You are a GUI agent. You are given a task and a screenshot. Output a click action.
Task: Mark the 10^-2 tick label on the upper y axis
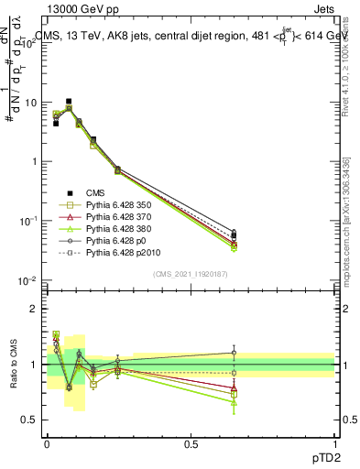tap(28, 279)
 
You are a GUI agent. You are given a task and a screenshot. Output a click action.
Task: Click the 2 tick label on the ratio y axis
tap(35, 309)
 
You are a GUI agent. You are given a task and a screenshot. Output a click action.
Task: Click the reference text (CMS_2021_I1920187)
tap(191, 274)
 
